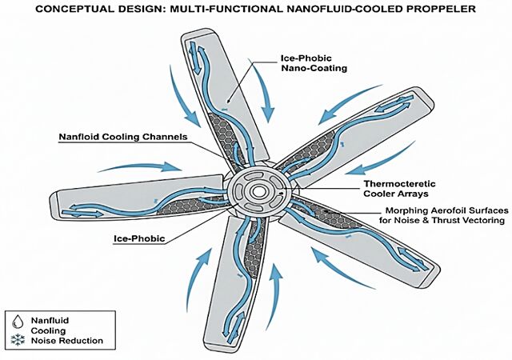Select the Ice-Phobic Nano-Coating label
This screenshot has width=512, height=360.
click(x=314, y=63)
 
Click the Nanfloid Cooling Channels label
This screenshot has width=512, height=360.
click(x=123, y=137)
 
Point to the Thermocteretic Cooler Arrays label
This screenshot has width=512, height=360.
click(x=400, y=189)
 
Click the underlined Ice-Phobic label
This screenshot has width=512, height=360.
click(x=139, y=238)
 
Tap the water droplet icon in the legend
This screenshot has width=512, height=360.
click(x=18, y=322)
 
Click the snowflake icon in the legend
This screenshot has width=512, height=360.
click(x=18, y=340)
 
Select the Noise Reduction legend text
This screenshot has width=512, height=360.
click(x=67, y=341)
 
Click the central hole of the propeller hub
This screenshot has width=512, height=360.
click(x=258, y=192)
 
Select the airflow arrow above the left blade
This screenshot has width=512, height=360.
click(x=140, y=166)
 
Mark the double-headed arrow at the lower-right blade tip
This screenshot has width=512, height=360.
click(x=412, y=259)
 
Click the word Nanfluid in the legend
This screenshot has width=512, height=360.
click(x=50, y=321)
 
